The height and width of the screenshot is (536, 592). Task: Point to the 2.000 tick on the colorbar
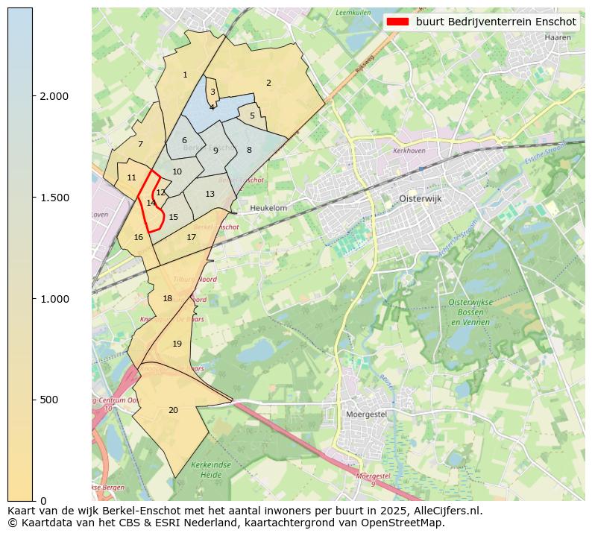click(33, 96)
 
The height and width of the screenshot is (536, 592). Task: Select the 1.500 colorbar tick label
click(53, 198)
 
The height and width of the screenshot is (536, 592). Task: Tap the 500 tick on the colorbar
click(33, 400)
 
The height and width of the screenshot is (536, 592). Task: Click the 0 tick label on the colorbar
click(44, 501)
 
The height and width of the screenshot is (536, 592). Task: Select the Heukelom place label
click(269, 208)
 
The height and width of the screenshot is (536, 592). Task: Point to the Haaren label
click(558, 37)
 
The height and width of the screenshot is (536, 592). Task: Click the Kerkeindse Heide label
click(207, 469)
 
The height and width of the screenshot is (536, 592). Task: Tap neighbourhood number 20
click(173, 410)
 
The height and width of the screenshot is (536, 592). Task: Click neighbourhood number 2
click(268, 83)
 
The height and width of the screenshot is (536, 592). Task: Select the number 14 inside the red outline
click(151, 203)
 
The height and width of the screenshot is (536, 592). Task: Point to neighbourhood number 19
click(177, 344)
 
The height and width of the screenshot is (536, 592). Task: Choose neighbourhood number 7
click(140, 144)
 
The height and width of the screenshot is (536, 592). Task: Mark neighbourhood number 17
click(192, 237)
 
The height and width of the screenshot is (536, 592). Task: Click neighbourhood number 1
click(185, 75)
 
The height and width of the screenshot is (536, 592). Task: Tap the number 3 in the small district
click(212, 92)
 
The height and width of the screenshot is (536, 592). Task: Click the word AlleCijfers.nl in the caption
click(446, 511)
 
